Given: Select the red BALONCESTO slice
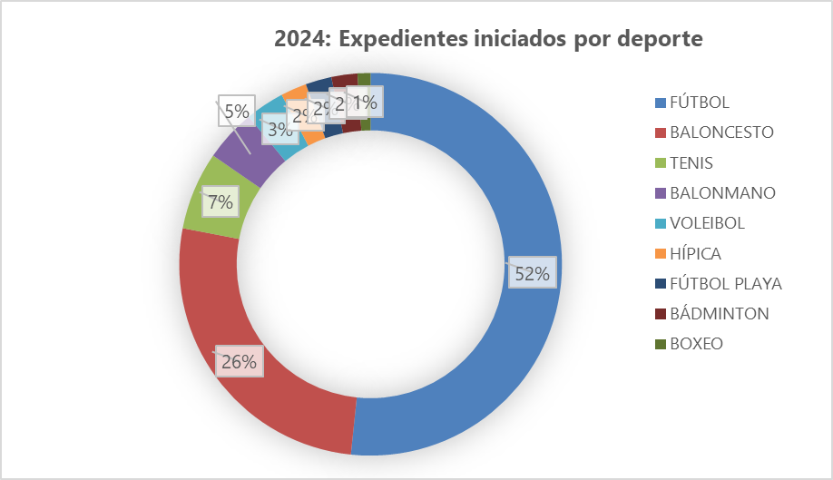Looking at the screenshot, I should (x=272, y=399).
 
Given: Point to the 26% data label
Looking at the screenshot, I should (x=239, y=361).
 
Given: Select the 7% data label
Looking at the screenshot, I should (x=220, y=201).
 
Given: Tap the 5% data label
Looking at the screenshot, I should (x=236, y=112).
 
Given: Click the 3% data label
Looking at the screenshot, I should (x=278, y=130).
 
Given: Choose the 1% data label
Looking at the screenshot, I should (x=366, y=103).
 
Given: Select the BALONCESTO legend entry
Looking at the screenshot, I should (x=721, y=132).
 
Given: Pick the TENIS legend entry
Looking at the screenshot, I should (x=691, y=163).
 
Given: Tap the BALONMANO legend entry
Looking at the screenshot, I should (x=722, y=193).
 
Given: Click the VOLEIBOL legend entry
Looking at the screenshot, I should (x=707, y=223).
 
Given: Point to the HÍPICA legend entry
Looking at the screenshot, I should (x=696, y=253).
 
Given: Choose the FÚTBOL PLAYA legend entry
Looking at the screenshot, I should (x=726, y=283).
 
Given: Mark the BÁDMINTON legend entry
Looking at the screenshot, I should (x=720, y=314).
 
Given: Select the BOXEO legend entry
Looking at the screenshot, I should (x=697, y=344).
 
